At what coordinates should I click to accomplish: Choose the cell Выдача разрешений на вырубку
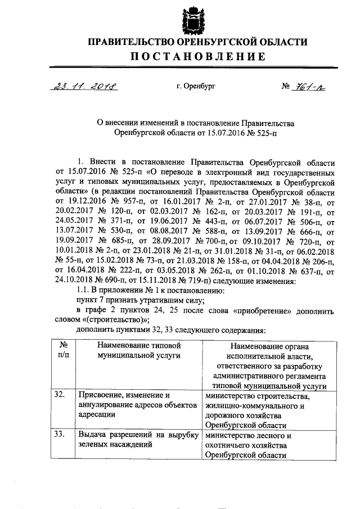139,440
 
